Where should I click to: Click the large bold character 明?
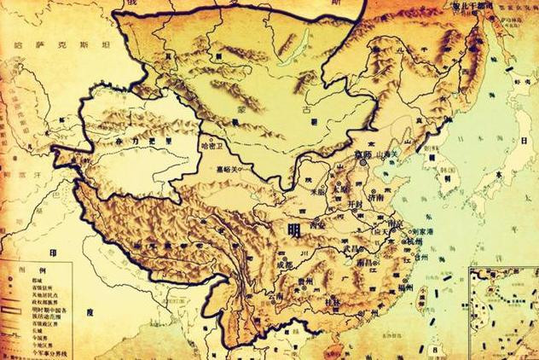tap(293, 229)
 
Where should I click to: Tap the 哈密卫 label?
tap(212, 147)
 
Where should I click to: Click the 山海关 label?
tap(388, 150)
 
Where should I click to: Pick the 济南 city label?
tap(374, 195)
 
